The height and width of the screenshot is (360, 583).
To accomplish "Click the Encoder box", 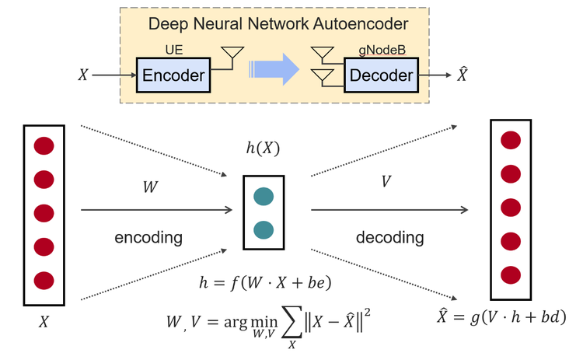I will point(173,75).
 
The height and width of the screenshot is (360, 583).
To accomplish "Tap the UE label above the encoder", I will point(173,49).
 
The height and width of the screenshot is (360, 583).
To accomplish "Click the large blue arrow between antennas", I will point(274,68).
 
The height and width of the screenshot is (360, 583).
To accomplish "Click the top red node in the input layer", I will point(44,146).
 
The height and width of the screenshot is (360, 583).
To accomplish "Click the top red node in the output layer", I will point(511,140).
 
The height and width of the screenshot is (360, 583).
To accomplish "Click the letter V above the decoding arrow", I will point(386,181).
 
